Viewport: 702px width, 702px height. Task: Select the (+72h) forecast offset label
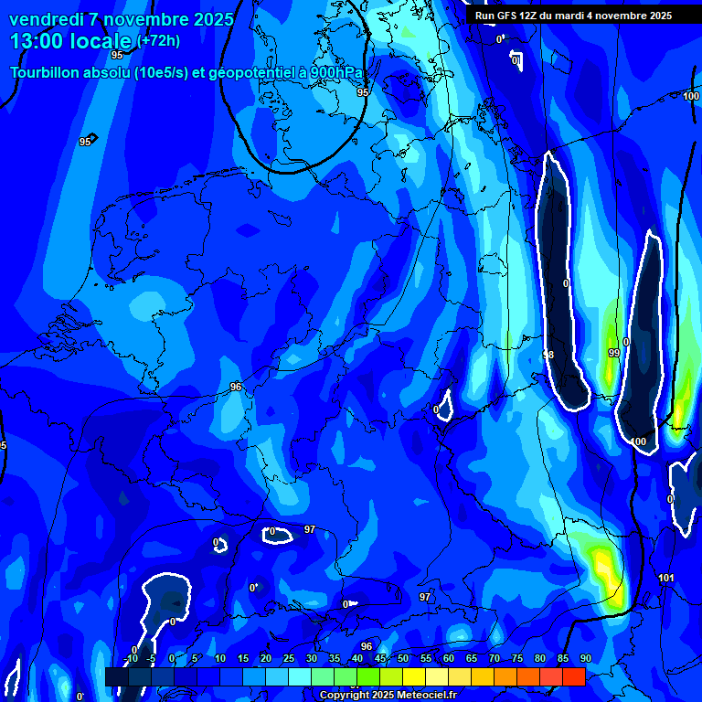click(158, 41)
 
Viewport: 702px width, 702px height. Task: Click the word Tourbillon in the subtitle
click(46, 73)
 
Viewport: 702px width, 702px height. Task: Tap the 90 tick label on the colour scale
click(585, 658)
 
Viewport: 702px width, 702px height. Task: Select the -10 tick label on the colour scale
click(130, 658)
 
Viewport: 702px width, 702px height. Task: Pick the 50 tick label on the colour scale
click(403, 658)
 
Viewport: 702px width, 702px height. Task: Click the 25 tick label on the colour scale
click(289, 658)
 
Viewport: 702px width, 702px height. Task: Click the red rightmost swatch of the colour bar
click(573, 676)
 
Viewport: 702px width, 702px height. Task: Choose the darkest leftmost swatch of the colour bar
click(116, 676)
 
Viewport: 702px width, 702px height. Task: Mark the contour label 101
click(666, 579)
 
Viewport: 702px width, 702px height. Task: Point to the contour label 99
click(613, 353)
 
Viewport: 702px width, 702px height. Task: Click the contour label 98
click(548, 355)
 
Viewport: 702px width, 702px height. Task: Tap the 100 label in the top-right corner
click(691, 96)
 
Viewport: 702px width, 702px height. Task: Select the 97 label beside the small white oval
click(310, 529)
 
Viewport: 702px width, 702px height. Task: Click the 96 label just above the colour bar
click(367, 646)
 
